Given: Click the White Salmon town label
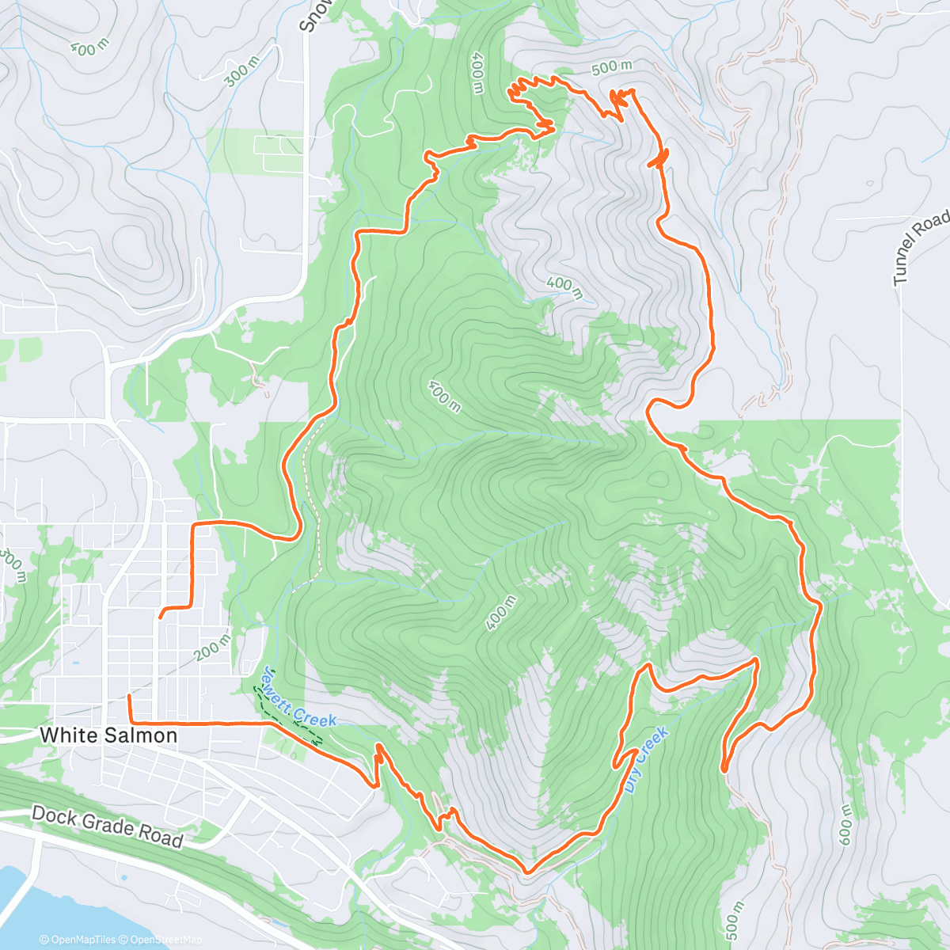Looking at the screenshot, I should coord(108,735).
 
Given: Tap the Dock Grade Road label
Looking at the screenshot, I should coord(108,826).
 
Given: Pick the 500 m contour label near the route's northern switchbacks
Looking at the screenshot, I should coord(612,68).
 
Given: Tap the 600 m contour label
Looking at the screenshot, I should coord(845,824).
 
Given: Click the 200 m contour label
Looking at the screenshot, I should coord(213,646).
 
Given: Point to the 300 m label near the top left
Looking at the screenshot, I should coord(241,72).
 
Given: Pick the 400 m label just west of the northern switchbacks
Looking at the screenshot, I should coord(477,74).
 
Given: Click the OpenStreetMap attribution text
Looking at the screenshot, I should coord(165,940).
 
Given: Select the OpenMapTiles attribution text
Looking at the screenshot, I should coord(82,940).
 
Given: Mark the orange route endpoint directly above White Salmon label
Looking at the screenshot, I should coord(129,696).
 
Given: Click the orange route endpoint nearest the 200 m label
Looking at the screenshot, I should coord(161,616).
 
